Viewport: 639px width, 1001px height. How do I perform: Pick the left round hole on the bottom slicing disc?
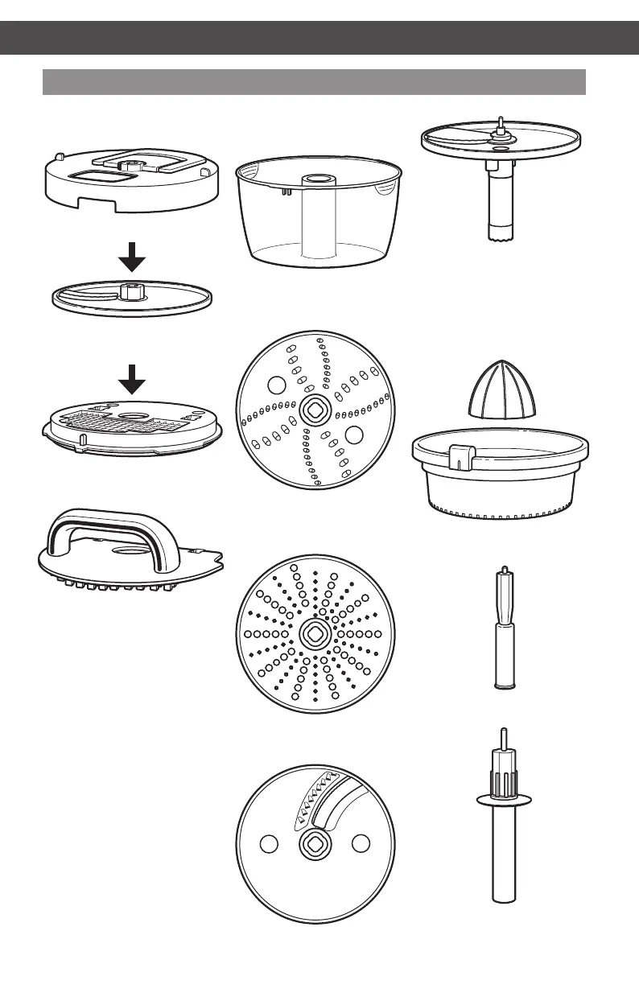pyautogui.click(x=270, y=843)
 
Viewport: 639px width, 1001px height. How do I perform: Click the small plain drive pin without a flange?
pyautogui.click(x=503, y=628)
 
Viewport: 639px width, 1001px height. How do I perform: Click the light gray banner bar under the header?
pyautogui.click(x=314, y=82)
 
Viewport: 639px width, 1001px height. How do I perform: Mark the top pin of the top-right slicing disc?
pyautogui.click(x=501, y=122)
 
